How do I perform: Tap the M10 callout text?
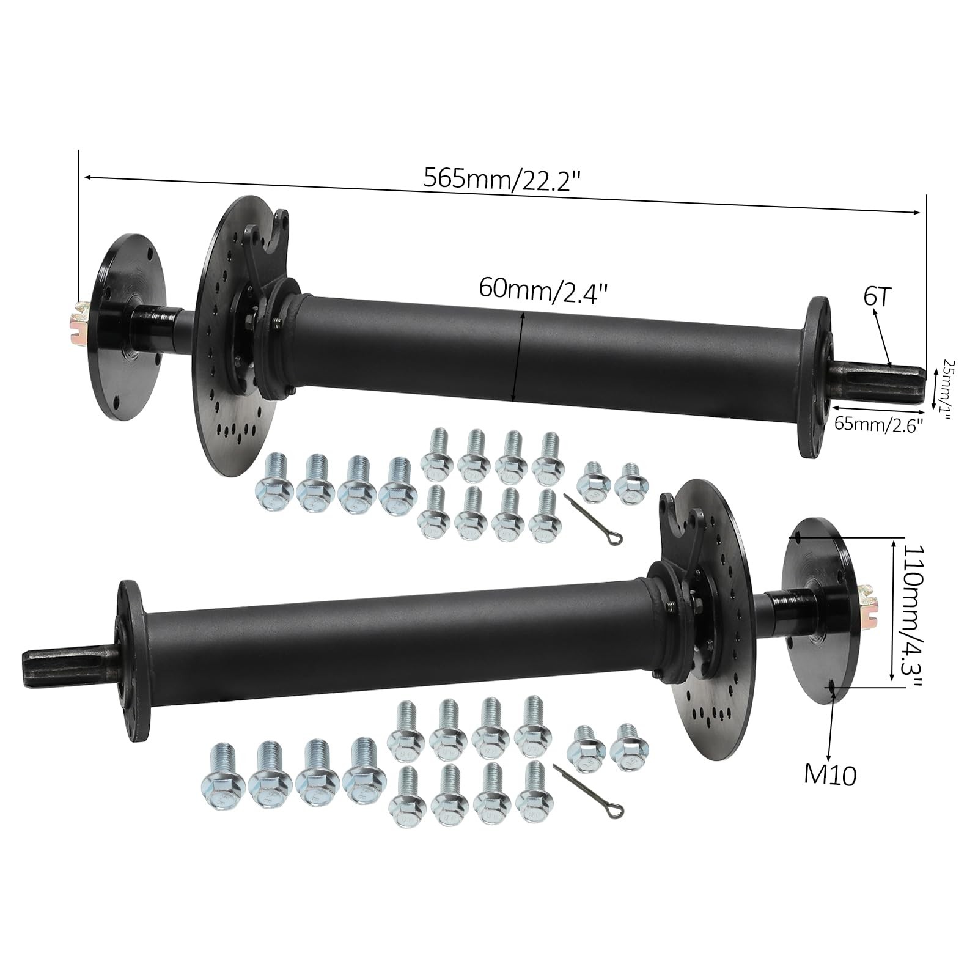829,775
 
